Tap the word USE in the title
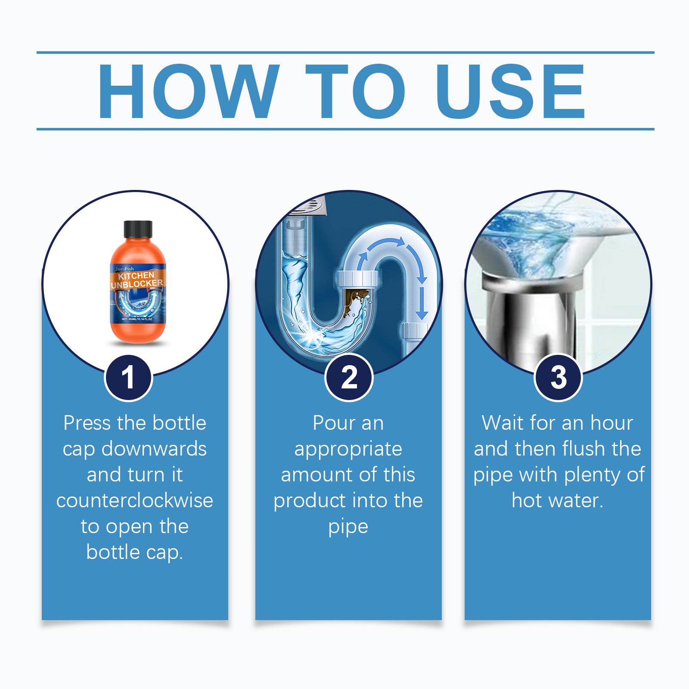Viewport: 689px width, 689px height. coord(511,91)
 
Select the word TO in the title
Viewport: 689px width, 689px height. coord(355,91)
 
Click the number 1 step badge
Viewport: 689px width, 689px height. coord(128,378)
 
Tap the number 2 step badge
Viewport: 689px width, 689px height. coord(349,377)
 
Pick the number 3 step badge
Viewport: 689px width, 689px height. coord(558,378)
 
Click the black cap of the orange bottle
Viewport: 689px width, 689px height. coord(138,229)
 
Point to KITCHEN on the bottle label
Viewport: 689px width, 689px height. coord(136,276)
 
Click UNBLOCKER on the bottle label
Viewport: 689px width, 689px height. coord(137,284)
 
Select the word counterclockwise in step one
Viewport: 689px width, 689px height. coord(135,501)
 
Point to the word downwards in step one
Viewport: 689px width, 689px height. coord(154,449)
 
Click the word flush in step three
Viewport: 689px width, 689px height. coord(584,449)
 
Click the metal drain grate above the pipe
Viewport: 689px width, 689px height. coord(307,204)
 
